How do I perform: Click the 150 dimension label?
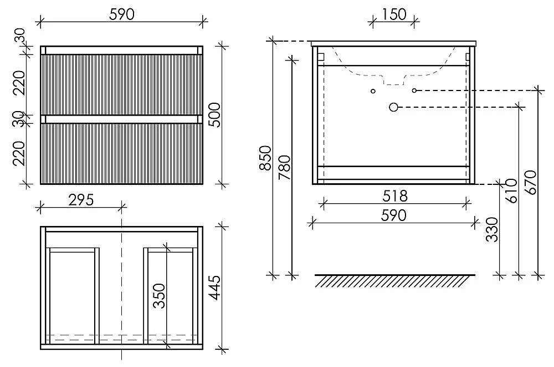pos(394,14)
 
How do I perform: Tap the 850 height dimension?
pos(265,158)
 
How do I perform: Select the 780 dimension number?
pos(284,167)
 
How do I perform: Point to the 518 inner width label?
pos(394,196)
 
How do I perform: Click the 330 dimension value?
pos(492,229)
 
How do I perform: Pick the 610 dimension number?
pos(511,190)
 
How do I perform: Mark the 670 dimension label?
pos(531,183)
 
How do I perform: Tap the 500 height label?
pos(214,115)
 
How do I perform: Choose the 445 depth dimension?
pos(214,288)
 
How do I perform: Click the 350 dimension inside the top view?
pos(159,296)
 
